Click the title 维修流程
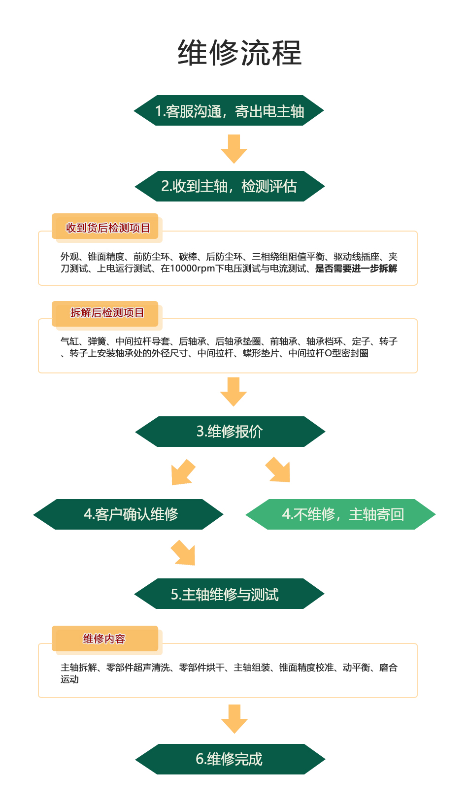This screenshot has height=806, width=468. (239, 53)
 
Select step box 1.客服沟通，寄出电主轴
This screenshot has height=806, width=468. (229, 110)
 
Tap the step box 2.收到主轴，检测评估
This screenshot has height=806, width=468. (230, 186)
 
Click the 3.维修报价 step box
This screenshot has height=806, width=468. (230, 432)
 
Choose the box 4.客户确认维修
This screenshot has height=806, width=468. (129, 514)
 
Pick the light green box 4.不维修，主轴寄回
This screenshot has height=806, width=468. (341, 514)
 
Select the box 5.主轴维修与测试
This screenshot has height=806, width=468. (229, 594)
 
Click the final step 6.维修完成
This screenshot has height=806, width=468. (230, 759)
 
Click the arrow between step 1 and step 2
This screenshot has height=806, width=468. (234, 149)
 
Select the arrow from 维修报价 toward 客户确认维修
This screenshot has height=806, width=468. (183, 472)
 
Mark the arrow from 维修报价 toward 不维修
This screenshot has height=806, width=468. (278, 470)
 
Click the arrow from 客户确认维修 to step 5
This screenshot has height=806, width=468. (183, 553)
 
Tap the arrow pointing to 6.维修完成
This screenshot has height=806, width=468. (234, 719)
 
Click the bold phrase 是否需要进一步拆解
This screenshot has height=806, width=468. (356, 269)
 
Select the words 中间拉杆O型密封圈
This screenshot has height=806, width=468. (329, 353)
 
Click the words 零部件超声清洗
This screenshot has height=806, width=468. (138, 668)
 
